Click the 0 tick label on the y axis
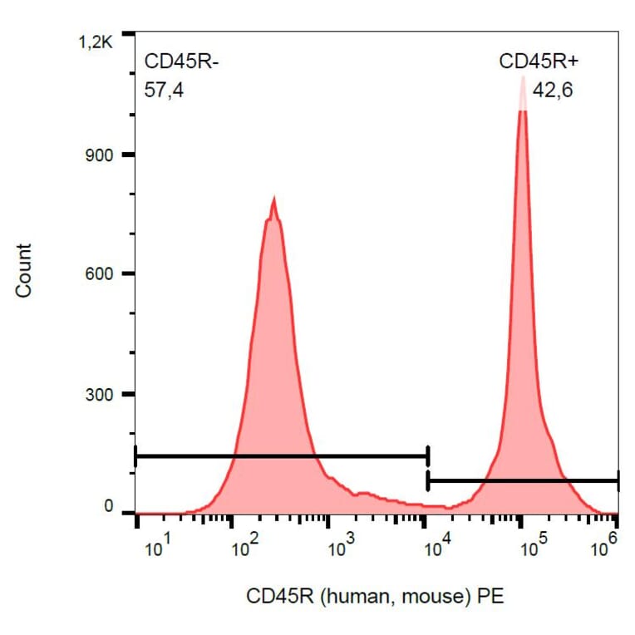coord(107,506)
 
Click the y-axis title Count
coord(24,270)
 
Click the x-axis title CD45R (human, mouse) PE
coord(375,596)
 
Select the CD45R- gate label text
coord(181,62)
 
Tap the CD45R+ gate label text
coord(536,62)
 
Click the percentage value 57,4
coord(164,90)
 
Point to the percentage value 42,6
coord(553,90)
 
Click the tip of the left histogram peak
coord(273,199)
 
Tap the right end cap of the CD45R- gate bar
coord(427,456)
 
